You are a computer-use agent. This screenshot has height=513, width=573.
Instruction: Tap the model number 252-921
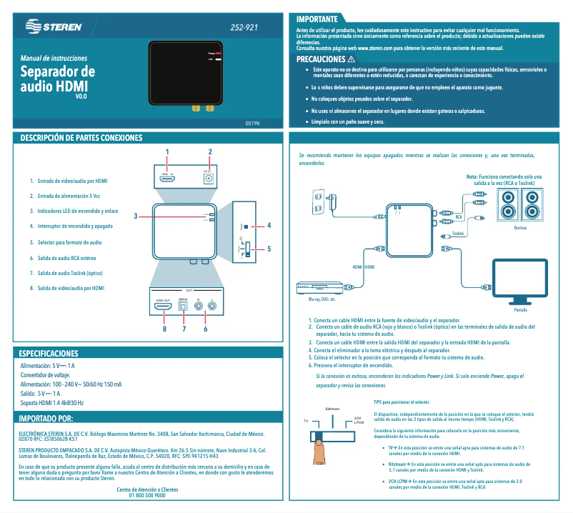point(244,27)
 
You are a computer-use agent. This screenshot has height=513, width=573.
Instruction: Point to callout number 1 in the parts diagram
point(166,151)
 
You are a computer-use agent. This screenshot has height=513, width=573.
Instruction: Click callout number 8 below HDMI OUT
point(164,329)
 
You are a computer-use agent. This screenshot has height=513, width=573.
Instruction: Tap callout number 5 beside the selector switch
point(269,249)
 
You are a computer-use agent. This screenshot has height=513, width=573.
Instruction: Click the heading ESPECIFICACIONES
point(49,354)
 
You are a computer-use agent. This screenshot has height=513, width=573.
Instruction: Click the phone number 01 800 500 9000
point(146,495)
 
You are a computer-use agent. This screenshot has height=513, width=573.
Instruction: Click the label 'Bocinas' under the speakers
point(520,228)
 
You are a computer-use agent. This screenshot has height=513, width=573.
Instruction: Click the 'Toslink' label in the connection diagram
point(458,233)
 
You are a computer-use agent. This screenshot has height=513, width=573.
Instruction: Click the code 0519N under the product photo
point(252,123)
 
